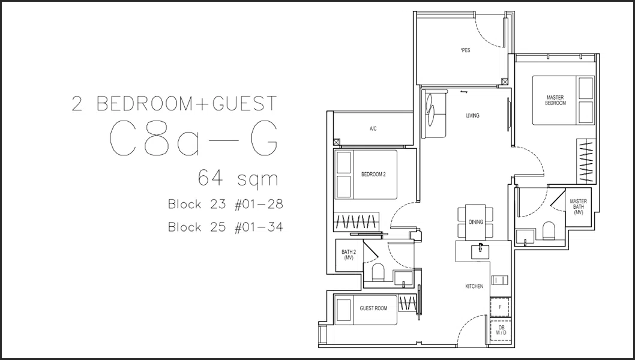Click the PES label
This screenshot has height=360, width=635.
click(466, 50)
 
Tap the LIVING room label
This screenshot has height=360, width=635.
click(472, 116)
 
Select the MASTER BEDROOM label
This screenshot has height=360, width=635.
click(555, 100)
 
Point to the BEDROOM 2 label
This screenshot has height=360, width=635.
click(373, 175)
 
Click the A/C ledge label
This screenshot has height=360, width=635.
click(373, 129)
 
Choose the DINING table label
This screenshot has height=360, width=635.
click(476, 222)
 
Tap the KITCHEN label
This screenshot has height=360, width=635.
click(474, 286)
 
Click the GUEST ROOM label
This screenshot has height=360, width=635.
click(373, 308)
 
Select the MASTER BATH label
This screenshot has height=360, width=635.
click(579, 207)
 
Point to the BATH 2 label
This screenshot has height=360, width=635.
click(349, 255)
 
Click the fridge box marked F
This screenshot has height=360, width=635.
click(500, 307)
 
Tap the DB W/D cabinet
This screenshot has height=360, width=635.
click(501, 330)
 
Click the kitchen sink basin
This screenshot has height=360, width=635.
click(480, 251)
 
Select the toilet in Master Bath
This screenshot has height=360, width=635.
click(549, 230)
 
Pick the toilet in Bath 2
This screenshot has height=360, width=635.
click(378, 272)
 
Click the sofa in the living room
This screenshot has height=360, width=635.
click(434, 114)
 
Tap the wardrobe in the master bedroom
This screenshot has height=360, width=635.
click(586, 161)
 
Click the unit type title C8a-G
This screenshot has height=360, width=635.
click(194, 138)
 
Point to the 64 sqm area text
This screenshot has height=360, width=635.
click(238, 178)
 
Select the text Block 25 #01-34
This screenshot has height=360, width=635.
click(226, 227)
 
